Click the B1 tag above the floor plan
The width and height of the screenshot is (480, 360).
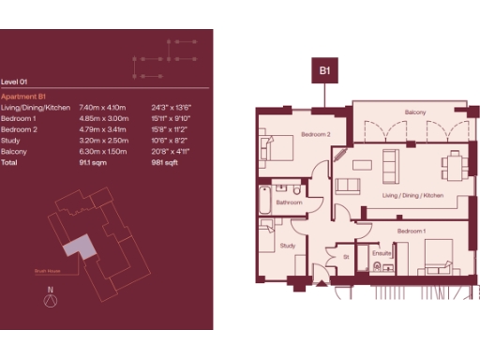(325, 68)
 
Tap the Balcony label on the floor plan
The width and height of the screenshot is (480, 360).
(416, 113)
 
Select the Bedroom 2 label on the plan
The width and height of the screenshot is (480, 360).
(317, 134)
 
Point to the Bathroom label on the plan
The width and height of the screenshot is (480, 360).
(289, 202)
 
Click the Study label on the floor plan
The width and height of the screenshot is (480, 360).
(288, 246)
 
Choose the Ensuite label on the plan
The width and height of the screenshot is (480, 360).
(381, 253)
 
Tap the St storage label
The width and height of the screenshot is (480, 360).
(346, 256)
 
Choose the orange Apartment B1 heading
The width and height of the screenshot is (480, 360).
(24, 97)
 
